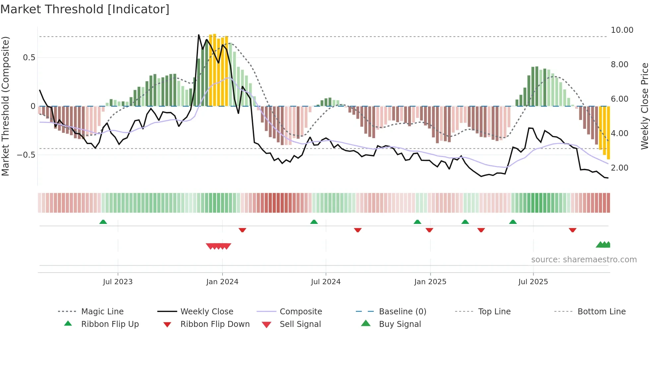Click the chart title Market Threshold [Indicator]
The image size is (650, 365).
(85, 9)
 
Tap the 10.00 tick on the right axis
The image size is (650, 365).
(622, 30)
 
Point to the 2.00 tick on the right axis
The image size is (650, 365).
(619, 168)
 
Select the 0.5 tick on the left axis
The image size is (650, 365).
(29, 58)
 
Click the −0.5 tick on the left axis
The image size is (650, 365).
(26, 155)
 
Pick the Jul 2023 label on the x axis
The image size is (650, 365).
(117, 282)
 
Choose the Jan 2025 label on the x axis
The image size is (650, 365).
(430, 282)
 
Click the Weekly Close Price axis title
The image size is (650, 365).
(644, 106)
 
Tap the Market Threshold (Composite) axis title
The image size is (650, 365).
(5, 106)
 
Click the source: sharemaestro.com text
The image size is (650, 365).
(584, 260)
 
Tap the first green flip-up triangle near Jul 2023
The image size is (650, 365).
(103, 222)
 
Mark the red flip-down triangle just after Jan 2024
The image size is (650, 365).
(242, 230)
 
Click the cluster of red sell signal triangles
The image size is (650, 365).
(218, 246)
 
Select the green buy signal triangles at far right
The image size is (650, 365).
(603, 245)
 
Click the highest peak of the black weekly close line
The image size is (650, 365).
(199, 35)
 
